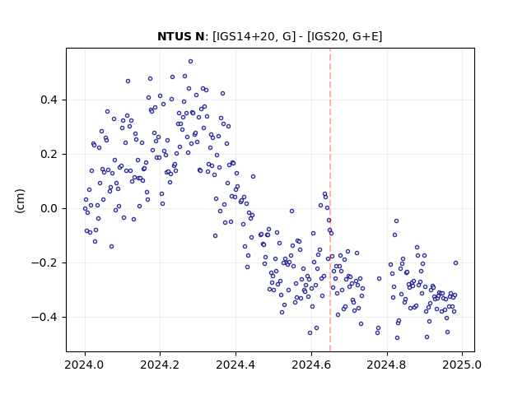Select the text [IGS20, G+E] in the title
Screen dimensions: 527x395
pyautogui.click(x=345, y=36)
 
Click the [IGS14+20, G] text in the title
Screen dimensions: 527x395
pyautogui.click(x=254, y=36)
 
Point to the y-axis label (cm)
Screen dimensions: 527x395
pyautogui.click(x=20, y=201)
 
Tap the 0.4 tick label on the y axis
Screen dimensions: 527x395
pyautogui.click(x=49, y=100)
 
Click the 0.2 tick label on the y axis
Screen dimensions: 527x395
pyautogui.click(x=49, y=155)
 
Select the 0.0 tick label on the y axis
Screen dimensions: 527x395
pyautogui.click(x=49, y=208)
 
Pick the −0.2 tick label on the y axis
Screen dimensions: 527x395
pyautogui.click(x=44, y=263)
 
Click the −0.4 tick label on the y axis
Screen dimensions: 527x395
pyautogui.click(x=44, y=317)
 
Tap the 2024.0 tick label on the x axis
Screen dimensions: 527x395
pyautogui.click(x=84, y=365)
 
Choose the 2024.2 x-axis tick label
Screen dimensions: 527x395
pyautogui.click(x=160, y=365)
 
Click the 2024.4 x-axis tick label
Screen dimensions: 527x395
pyautogui.click(x=236, y=365)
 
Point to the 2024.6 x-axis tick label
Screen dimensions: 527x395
pyautogui.click(x=311, y=365)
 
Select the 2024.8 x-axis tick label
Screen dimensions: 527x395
pyautogui.click(x=386, y=365)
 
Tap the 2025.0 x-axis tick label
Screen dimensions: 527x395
pyautogui.click(x=462, y=365)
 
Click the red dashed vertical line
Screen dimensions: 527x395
pyautogui.click(x=330, y=200)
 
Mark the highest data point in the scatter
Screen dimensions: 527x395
pyautogui.click(x=190, y=62)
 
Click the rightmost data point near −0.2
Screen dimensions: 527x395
pyautogui.click(x=455, y=263)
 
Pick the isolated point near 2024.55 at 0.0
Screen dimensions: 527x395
pyautogui.click(x=291, y=211)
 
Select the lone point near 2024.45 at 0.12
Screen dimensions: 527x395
pyautogui.click(x=253, y=177)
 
